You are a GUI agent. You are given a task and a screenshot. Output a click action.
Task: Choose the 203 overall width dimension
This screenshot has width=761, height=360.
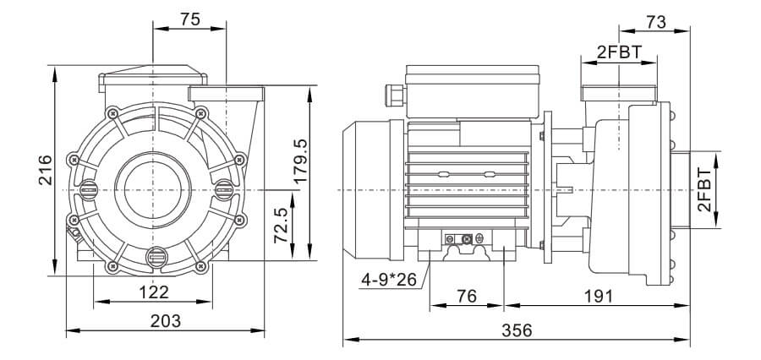[166, 320]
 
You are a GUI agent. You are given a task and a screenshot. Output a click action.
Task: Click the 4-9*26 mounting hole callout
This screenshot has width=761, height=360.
[389, 280]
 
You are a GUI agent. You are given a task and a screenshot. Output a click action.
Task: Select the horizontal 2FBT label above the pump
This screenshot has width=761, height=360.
[620, 52]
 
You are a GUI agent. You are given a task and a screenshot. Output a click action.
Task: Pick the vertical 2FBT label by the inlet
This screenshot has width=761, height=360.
[704, 190]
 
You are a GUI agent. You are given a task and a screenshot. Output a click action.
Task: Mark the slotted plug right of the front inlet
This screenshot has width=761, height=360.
[223, 190]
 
